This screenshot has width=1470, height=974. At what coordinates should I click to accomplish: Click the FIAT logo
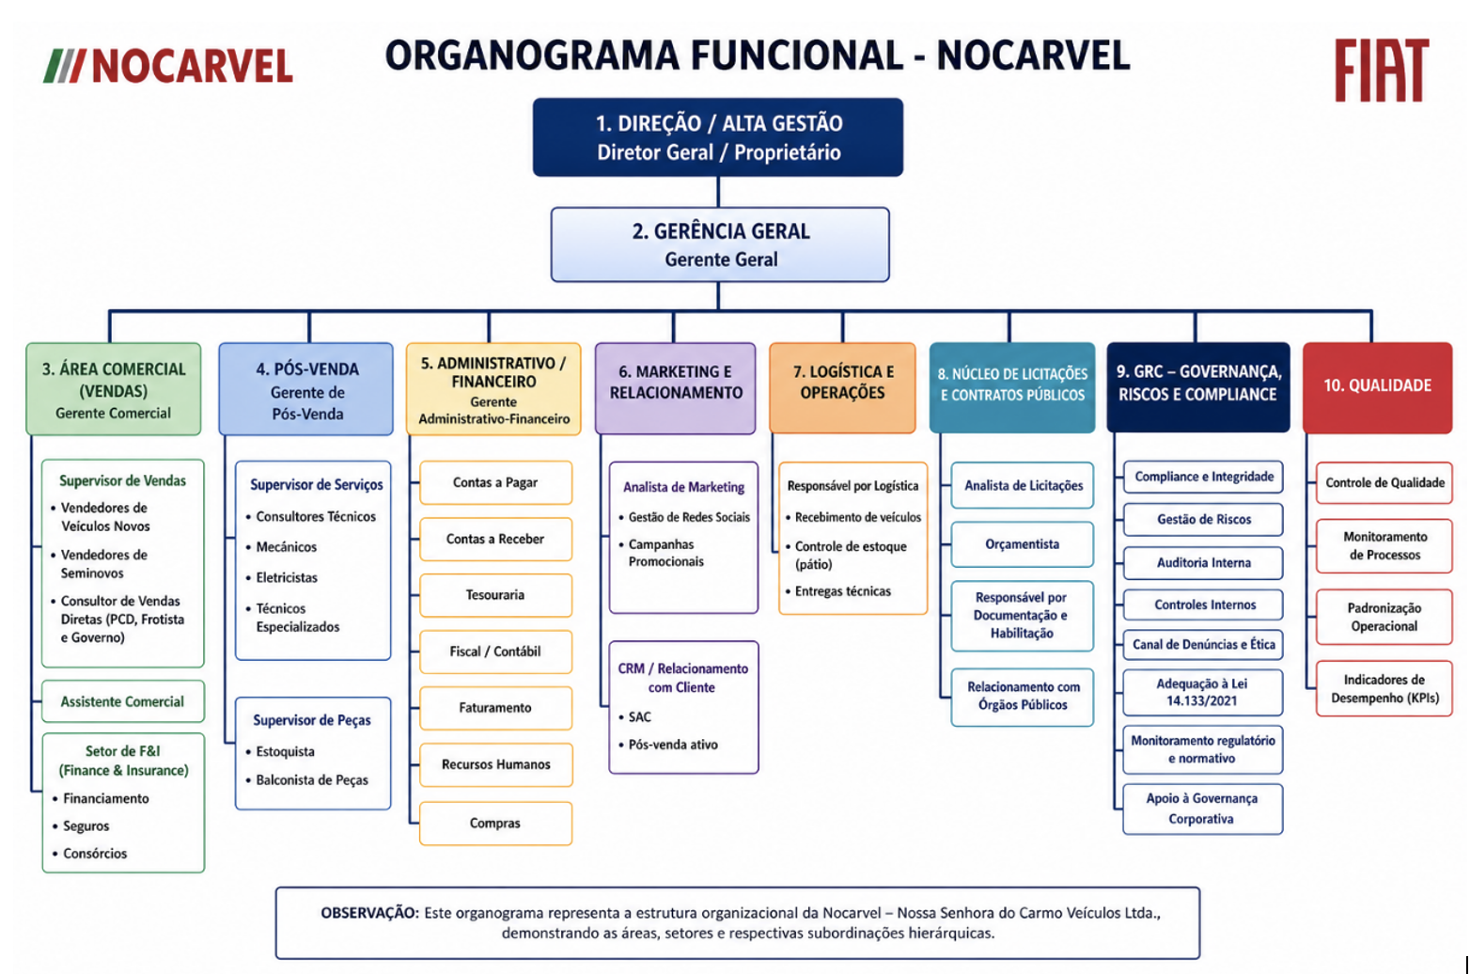[1382, 71]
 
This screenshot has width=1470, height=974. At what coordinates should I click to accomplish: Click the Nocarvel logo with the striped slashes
[168, 66]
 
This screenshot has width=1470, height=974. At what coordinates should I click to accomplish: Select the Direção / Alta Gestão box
[718, 137]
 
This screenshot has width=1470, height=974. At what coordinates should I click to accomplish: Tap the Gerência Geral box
[720, 244]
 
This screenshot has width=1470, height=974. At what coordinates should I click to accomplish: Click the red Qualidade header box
[1378, 387]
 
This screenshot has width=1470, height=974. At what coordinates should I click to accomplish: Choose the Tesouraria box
[495, 595]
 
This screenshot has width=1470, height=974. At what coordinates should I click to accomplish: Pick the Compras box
[495, 823]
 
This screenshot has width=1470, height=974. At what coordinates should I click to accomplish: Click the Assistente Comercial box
[123, 701]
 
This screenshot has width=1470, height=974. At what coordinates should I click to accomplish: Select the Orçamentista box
[1023, 544]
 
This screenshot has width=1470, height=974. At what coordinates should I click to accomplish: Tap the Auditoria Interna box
[1203, 563]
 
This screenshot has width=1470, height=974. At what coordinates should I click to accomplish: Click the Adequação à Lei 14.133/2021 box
[1203, 693]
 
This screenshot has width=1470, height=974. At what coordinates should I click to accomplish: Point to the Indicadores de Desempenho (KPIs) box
[1384, 688]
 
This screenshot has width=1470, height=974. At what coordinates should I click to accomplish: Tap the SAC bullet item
[635, 716]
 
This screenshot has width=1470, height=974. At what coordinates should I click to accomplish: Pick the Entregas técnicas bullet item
[838, 591]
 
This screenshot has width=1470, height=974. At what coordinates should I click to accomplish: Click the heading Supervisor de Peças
[312, 721]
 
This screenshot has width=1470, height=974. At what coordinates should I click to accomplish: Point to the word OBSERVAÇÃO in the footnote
[369, 913]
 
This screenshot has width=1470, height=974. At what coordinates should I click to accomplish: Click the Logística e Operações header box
[843, 387]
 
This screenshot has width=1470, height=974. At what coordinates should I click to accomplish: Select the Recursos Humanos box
[495, 764]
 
